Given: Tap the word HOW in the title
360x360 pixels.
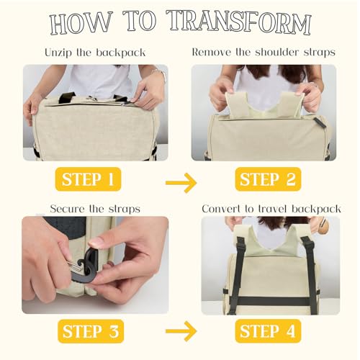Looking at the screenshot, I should point(82,24).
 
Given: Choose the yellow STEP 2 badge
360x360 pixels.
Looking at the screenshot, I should point(269,179).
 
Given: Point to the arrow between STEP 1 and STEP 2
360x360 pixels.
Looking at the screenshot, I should point(181,183).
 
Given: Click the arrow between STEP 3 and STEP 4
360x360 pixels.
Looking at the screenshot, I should point(181,331).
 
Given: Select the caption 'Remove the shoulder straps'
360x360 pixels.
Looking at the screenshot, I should point(264,53).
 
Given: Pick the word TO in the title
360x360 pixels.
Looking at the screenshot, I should point(138,24).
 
